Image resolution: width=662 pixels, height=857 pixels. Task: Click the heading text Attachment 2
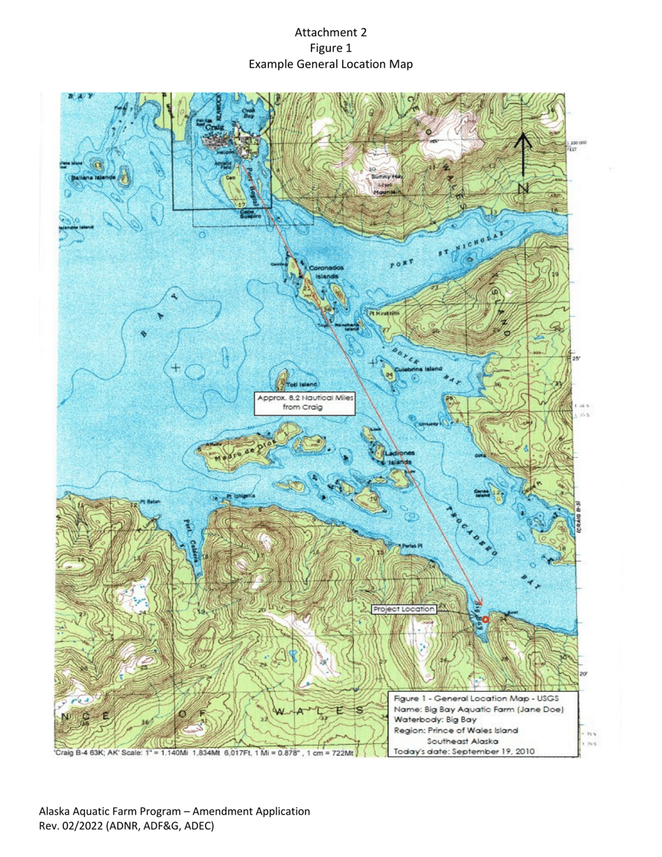click(x=331, y=33)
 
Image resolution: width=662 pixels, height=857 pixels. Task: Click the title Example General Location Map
click(x=331, y=63)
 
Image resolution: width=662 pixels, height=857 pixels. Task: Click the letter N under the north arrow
click(x=523, y=189)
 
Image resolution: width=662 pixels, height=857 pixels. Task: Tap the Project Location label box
click(x=405, y=609)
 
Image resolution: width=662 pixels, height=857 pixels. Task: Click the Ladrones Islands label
click(x=398, y=458)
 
